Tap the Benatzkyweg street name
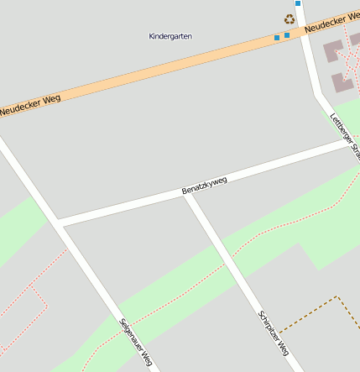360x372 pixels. tap(205, 186)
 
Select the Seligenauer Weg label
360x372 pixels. tap(135, 343)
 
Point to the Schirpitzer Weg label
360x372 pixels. tap(274, 333)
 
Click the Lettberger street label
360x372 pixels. tap(346, 135)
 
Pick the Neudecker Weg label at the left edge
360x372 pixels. tap(24, 105)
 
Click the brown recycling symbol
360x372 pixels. tap(290, 18)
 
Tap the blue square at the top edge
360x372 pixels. tap(297, 3)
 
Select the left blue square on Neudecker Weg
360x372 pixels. tap(277, 38)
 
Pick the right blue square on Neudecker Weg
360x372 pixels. tap(287, 35)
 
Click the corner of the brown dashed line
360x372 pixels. tap(337, 296)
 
